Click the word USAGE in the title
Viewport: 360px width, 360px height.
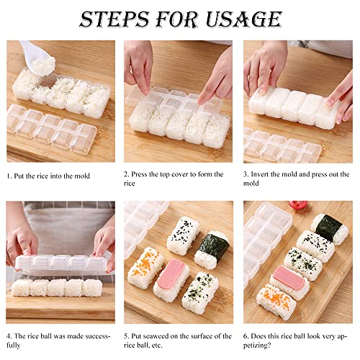click(243, 19)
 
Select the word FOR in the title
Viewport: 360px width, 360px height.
click(177, 19)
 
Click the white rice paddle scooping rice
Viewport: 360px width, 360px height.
click(37, 58)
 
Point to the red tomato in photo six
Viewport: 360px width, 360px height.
click(298, 204)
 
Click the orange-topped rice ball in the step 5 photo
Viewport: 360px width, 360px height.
click(145, 268)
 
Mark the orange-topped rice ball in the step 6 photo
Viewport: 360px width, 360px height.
click(276, 301)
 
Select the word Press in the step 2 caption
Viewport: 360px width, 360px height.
click(139, 174)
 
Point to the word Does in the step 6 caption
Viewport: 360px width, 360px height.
click(258, 336)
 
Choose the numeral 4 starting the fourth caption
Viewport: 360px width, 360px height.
click(9, 336)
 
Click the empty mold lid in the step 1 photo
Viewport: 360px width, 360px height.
click(52, 130)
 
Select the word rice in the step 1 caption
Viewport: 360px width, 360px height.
click(42, 176)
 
